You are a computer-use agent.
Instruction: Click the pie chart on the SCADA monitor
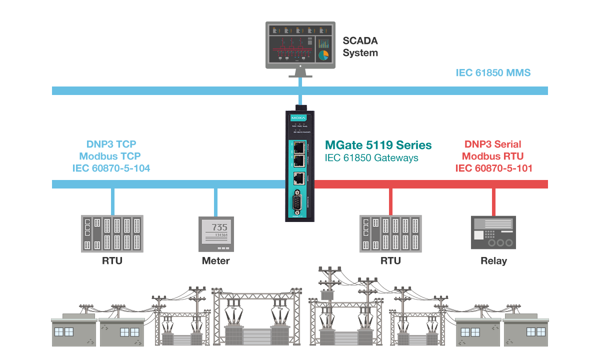click(323, 54)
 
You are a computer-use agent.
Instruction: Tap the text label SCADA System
click(360, 47)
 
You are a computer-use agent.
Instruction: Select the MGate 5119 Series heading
click(378, 145)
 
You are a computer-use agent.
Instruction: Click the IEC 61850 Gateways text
click(371, 158)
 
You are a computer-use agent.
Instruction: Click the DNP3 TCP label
click(111, 144)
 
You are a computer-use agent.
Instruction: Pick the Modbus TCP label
click(110, 156)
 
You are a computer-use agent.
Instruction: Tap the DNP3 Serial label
click(492, 144)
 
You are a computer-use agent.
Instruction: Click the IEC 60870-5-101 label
click(493, 168)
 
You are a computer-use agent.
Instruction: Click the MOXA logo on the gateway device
click(298, 118)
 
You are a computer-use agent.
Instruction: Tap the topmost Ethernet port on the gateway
click(299, 147)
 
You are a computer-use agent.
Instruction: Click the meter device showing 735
click(216, 233)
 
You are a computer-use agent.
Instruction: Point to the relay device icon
click(493, 232)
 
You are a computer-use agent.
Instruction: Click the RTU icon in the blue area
click(112, 233)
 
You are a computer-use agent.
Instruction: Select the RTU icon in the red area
click(390, 233)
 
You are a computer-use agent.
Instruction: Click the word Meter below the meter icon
click(216, 261)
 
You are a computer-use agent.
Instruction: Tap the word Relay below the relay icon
click(493, 261)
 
